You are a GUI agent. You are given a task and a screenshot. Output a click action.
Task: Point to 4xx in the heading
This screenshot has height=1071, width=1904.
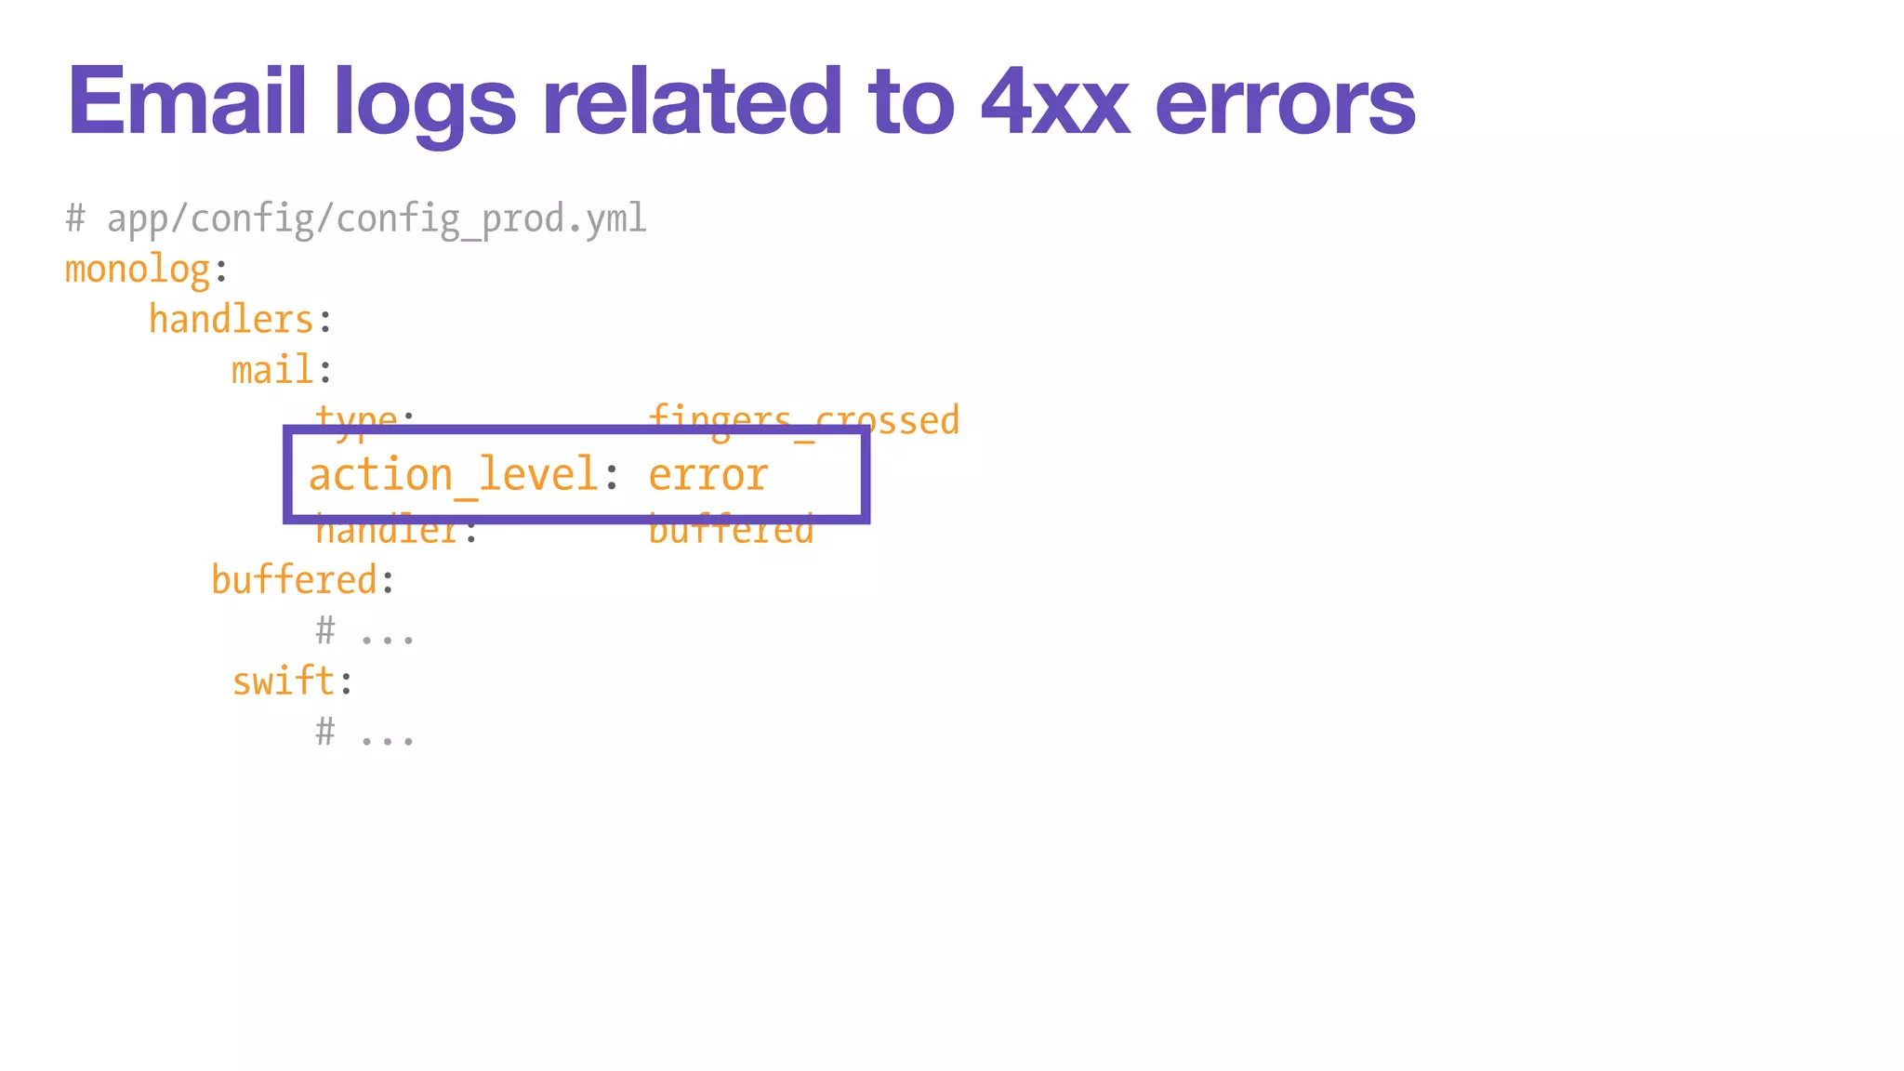(1055, 102)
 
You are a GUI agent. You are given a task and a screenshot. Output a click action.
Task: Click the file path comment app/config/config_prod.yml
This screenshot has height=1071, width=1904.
(376, 219)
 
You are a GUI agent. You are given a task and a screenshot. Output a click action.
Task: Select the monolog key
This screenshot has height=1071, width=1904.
(138, 270)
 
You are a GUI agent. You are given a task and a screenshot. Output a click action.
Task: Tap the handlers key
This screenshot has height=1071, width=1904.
(231, 320)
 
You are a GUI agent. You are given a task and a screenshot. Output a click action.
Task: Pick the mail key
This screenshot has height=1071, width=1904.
(272, 370)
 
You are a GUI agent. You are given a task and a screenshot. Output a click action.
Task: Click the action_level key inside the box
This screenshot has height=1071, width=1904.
(453, 475)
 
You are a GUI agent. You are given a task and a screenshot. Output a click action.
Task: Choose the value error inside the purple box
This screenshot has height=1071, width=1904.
(708, 475)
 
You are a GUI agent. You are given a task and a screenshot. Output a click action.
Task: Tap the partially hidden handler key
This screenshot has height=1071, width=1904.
(387, 532)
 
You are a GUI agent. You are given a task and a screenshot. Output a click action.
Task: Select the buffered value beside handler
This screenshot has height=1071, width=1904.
(731, 532)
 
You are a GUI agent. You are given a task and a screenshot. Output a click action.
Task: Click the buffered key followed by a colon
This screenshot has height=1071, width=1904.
(295, 580)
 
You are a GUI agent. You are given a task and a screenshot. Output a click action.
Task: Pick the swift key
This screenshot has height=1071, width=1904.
(283, 681)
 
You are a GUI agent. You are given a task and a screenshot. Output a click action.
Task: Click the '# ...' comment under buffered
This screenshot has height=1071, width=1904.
(364, 632)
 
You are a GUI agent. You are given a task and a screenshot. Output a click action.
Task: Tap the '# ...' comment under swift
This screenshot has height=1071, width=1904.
(364, 733)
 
